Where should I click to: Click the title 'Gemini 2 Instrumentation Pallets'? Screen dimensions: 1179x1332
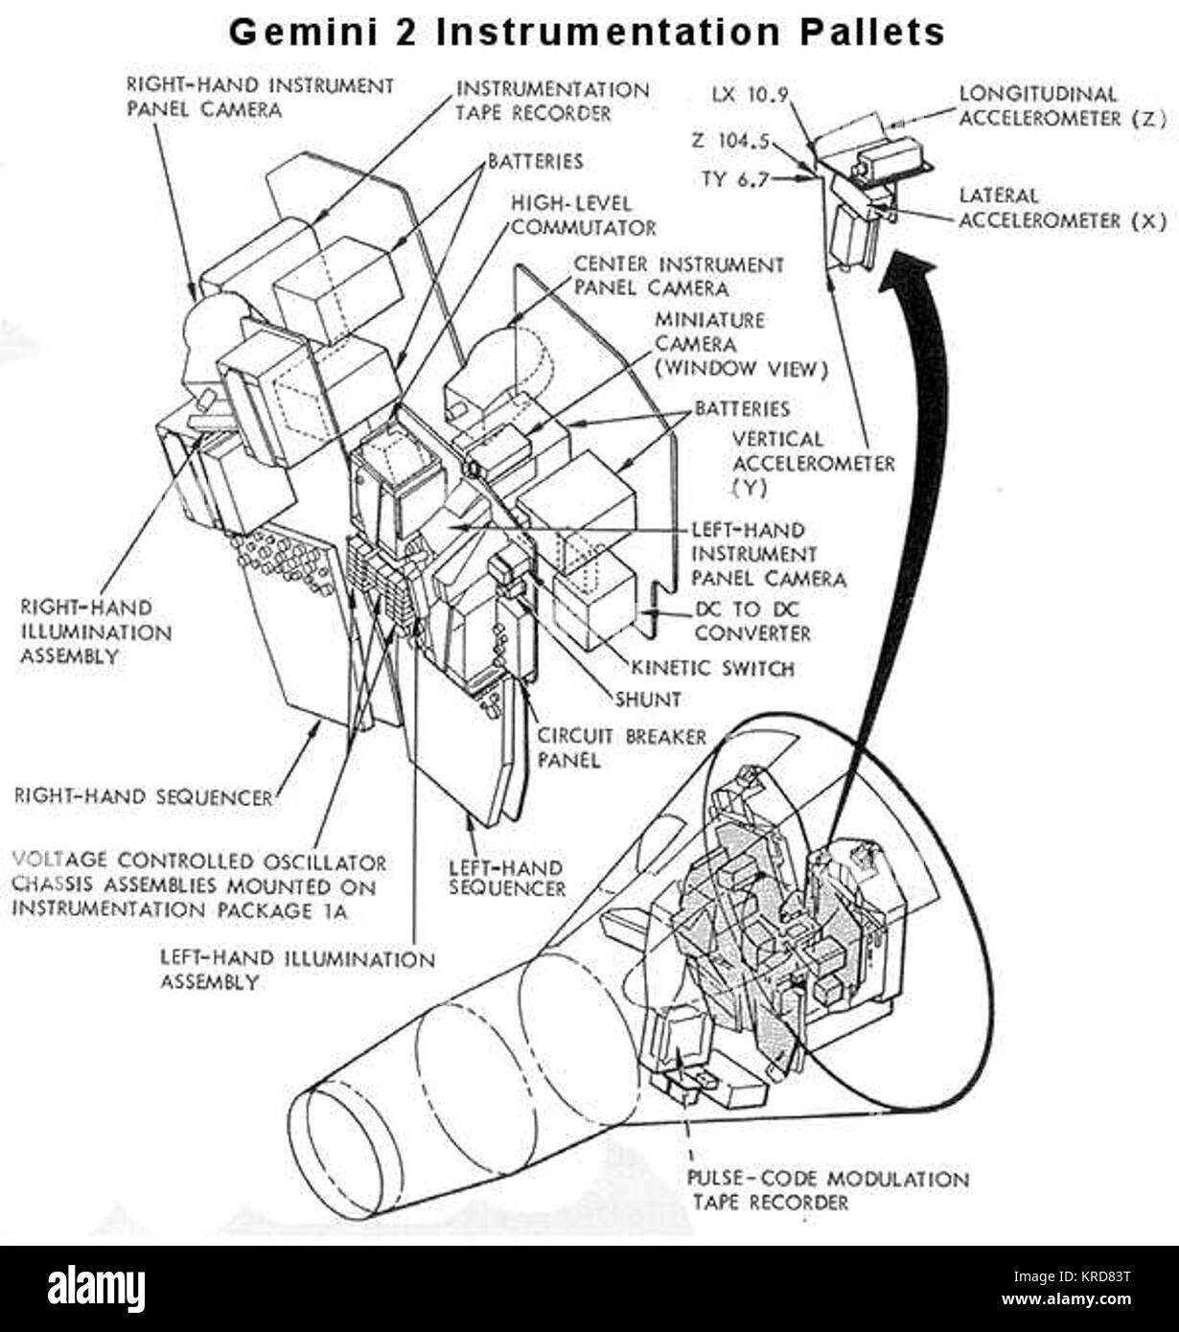587,33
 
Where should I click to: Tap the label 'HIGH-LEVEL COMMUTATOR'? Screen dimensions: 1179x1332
584,216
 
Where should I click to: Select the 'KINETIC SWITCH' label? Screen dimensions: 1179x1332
713,669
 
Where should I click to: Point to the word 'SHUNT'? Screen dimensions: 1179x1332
648,700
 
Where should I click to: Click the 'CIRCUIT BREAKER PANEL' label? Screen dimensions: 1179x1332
621,748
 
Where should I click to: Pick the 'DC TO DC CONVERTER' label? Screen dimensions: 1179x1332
752,621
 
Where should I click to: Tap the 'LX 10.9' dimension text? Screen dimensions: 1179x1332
750,95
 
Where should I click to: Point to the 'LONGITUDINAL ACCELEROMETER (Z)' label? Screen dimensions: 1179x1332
1063,106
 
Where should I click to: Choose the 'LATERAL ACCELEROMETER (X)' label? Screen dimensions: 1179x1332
1063,208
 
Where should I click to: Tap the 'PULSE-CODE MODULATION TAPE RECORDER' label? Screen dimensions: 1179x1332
828,1190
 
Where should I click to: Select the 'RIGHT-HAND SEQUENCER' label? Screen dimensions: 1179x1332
144,797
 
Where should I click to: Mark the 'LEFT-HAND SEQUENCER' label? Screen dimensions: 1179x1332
507,878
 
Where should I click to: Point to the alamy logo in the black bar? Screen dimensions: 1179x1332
97,1289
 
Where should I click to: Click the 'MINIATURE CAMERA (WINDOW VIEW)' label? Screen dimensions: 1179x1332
741,345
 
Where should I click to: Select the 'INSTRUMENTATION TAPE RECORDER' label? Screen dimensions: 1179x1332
552,102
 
